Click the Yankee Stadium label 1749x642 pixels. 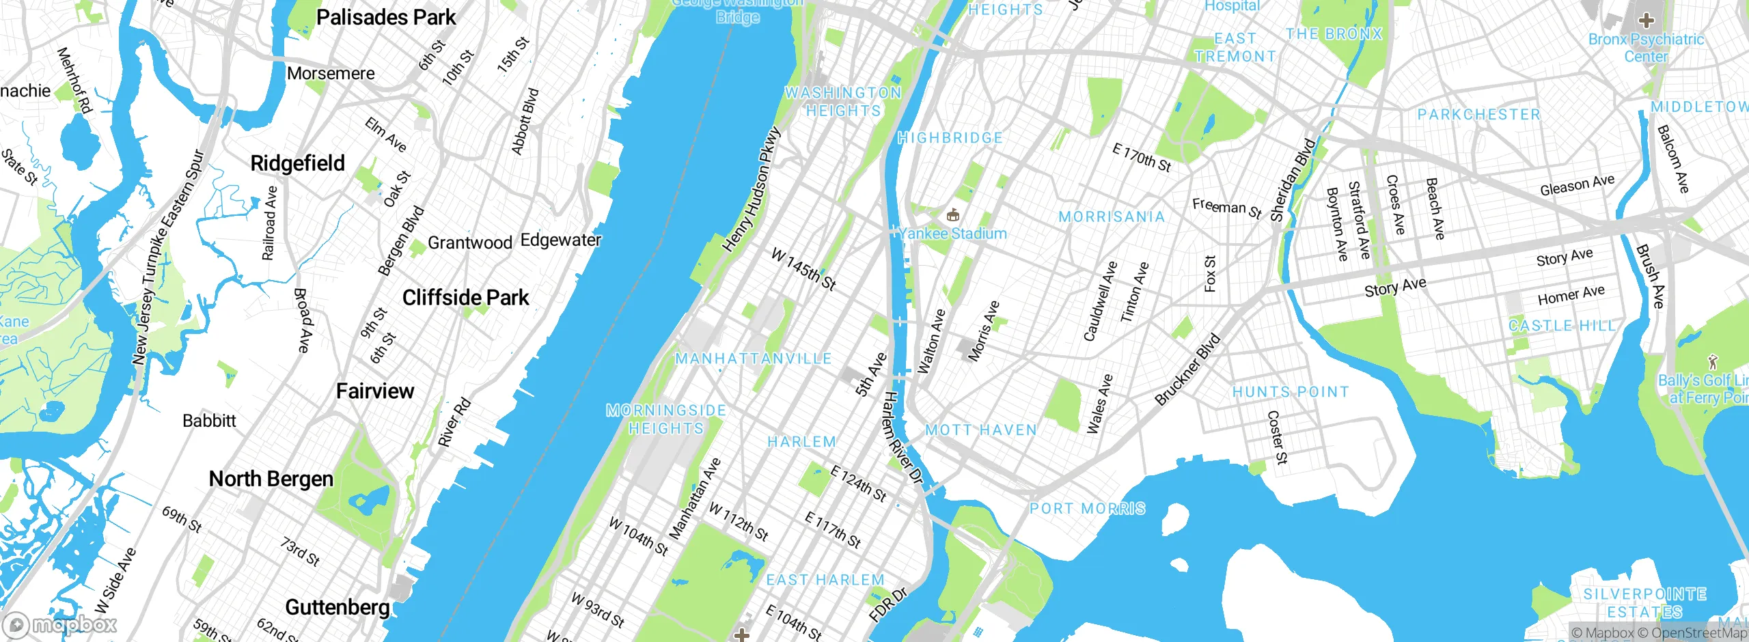point(953,234)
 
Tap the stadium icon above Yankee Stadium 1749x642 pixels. point(953,216)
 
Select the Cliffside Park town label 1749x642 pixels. point(465,298)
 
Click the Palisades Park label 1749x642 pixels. point(386,17)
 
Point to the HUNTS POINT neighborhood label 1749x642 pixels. point(1291,392)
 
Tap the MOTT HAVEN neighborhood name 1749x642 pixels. point(981,430)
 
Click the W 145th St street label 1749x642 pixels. point(803,269)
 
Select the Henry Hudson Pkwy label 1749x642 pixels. point(752,189)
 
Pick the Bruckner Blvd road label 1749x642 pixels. point(1187,369)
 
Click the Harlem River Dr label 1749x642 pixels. point(902,437)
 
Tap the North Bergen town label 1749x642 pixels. point(271,479)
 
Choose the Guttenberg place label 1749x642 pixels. point(338,606)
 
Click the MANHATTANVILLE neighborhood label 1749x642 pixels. point(753,359)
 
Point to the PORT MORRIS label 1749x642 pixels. point(1088,509)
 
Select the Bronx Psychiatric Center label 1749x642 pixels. point(1646,48)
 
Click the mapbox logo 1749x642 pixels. point(60,625)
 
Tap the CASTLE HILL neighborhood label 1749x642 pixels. point(1562,326)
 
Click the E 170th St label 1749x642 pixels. point(1142,158)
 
